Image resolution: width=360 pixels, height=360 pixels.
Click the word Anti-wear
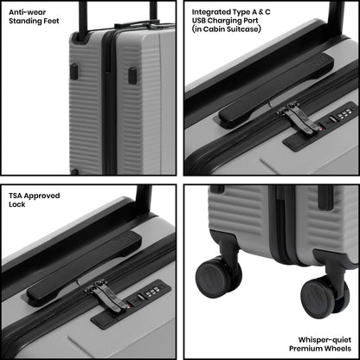[x=27, y=12]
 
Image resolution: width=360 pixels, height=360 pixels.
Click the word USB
[x=199, y=21]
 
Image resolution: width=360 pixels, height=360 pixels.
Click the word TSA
[x=16, y=196]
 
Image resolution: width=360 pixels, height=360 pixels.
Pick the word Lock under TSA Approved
[x=17, y=204]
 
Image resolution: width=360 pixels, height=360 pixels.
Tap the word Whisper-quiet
[x=325, y=340]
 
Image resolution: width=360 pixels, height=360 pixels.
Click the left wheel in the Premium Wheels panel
[x=215, y=277]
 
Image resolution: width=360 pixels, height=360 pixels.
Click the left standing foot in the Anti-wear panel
[x=74, y=72]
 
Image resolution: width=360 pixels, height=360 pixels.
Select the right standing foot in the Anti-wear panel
[x=132, y=76]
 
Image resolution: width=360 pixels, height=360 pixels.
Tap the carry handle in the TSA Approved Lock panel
[x=85, y=269]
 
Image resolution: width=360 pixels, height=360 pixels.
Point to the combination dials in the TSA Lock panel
[x=151, y=292]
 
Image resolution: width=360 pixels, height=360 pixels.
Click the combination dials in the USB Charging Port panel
[x=344, y=113]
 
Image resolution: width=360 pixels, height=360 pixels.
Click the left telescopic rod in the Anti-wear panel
[x=83, y=20]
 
